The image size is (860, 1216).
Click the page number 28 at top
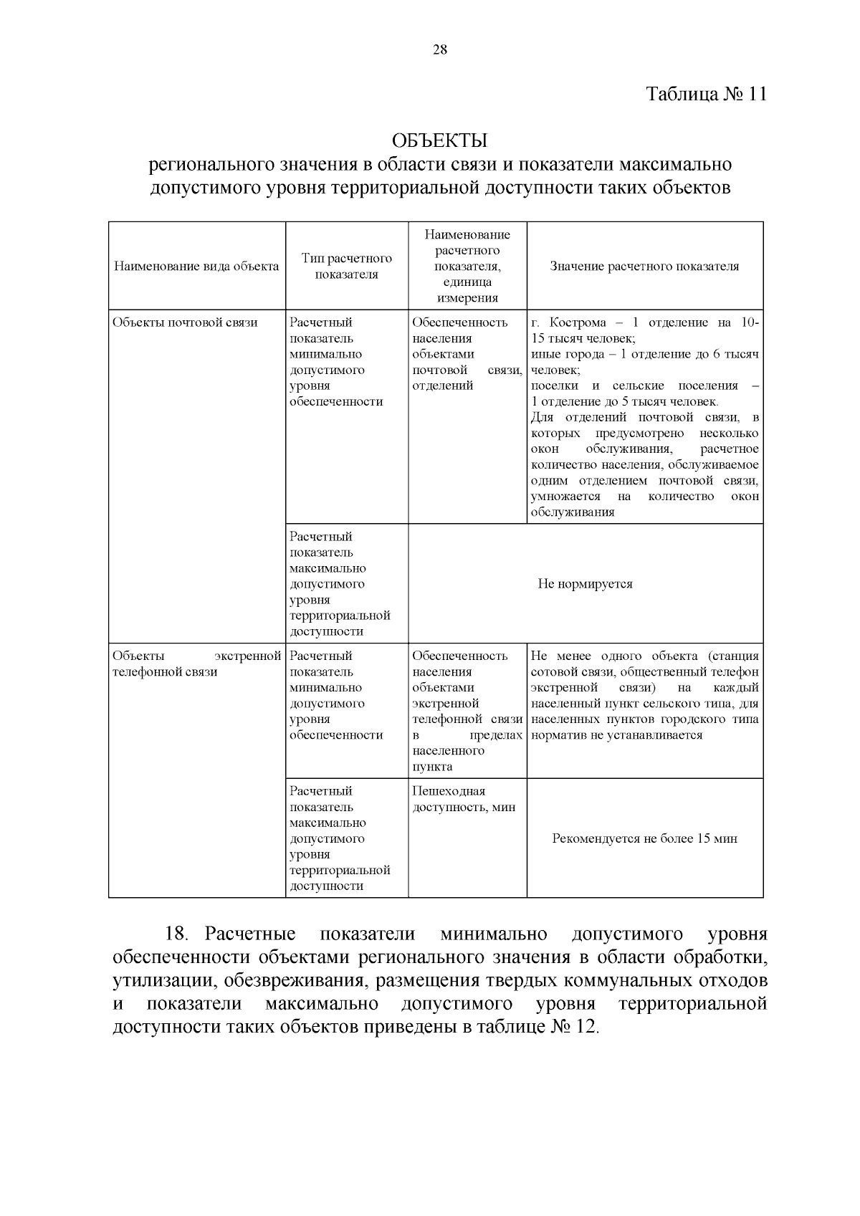pos(440,49)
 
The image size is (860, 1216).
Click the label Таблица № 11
pos(706,95)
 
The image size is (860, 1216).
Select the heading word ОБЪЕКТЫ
pos(440,140)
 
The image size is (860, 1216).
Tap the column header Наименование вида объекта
pos(196,267)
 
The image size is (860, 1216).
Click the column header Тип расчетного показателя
pos(347,266)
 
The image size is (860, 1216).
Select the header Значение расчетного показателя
pos(644,267)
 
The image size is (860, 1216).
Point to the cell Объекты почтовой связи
pos(185,322)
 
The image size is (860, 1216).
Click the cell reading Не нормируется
pos(585,584)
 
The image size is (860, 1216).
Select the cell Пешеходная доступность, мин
pos(464,799)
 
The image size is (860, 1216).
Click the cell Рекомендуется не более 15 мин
pos(644,838)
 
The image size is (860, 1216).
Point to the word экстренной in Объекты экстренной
pos(247,656)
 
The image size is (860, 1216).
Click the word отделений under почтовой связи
pos(443,386)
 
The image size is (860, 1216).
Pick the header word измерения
pos(467,298)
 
